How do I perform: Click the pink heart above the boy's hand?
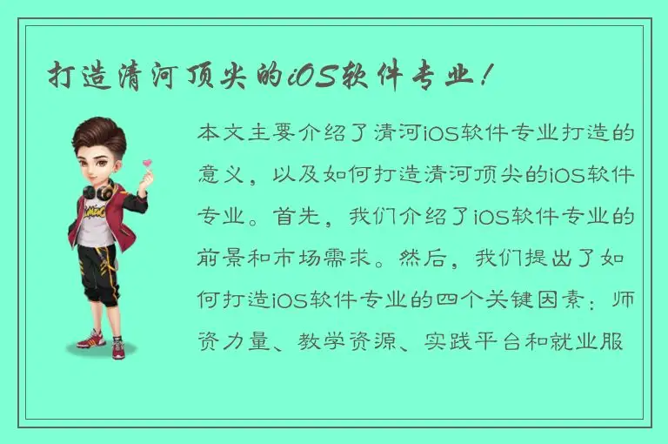tap(147, 162)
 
